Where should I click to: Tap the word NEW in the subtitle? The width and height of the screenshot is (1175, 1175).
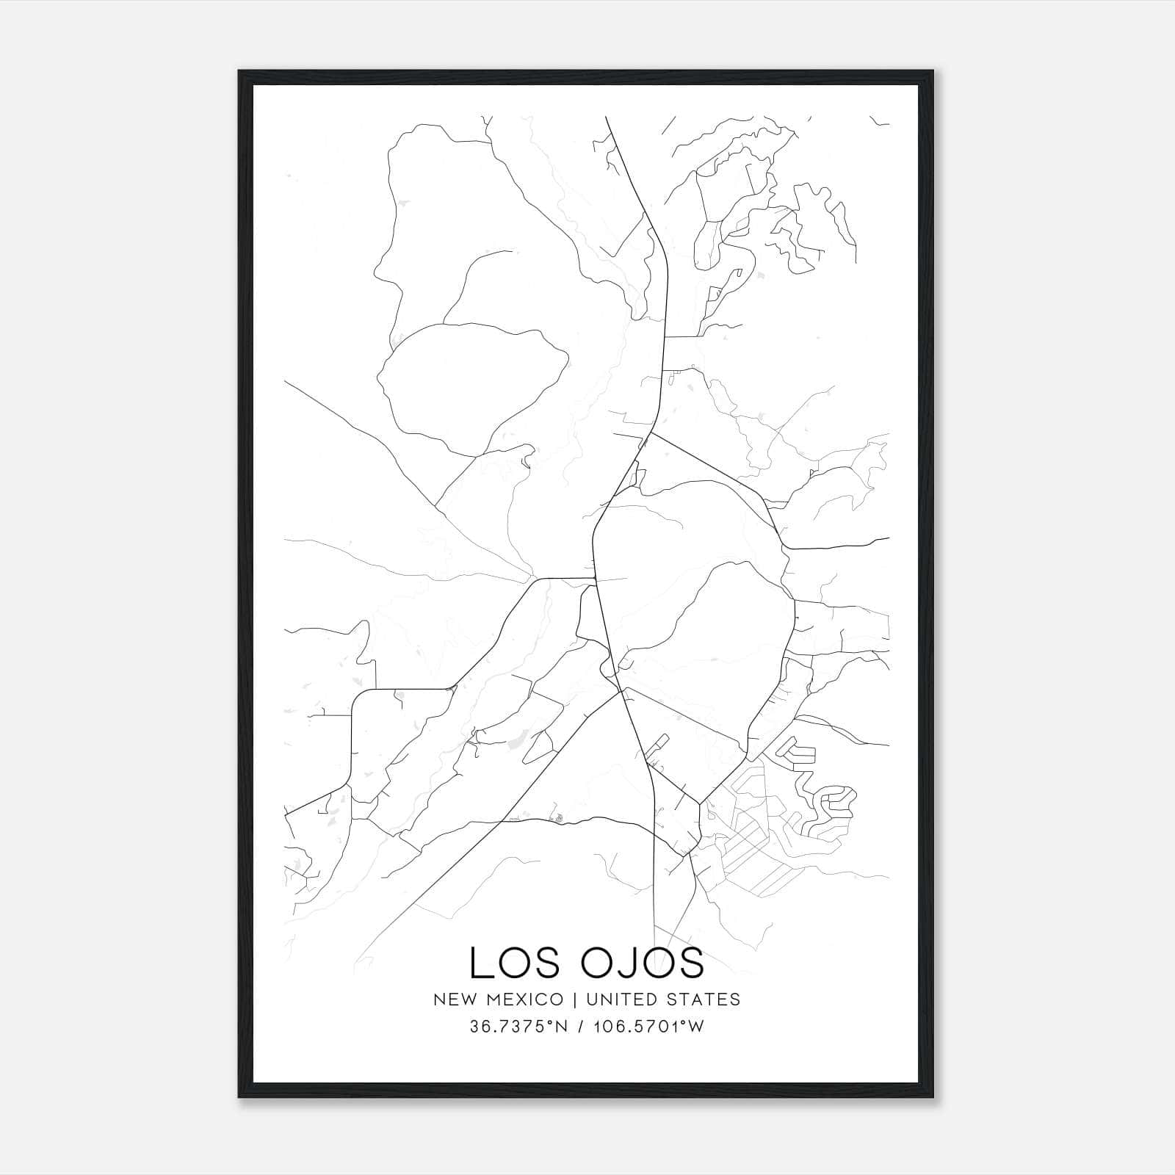(452, 999)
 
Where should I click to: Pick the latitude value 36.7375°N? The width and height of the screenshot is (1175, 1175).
(518, 1027)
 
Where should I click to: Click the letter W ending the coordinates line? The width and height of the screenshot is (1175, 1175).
(697, 1027)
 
